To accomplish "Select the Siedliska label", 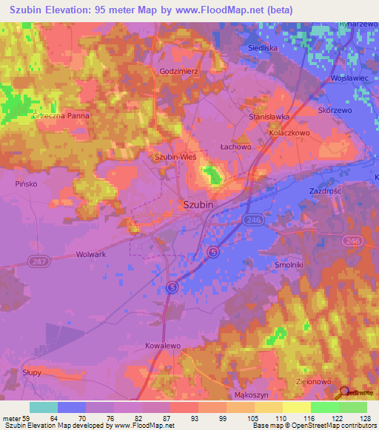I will click(x=264, y=47).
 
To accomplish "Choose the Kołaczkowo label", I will click(x=289, y=133).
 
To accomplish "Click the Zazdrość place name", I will click(x=324, y=191).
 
